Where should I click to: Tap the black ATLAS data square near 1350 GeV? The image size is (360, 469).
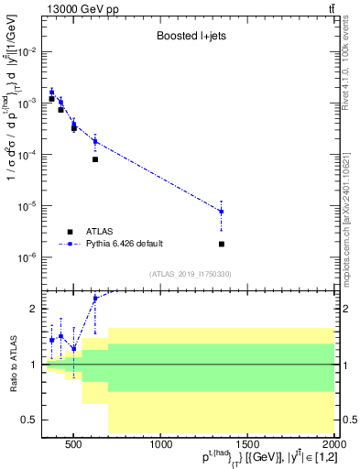coord(222,244)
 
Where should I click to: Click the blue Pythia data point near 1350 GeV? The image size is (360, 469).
coord(222,212)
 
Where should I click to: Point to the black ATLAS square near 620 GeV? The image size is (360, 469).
coord(95,159)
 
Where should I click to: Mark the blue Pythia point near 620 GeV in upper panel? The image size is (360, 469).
coord(95,140)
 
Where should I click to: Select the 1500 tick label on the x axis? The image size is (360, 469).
coord(248,446)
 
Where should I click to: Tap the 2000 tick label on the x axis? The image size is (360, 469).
coord(333,446)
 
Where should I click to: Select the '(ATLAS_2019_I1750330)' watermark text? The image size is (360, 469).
coord(192,274)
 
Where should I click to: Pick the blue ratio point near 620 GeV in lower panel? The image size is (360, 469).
coord(95,298)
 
